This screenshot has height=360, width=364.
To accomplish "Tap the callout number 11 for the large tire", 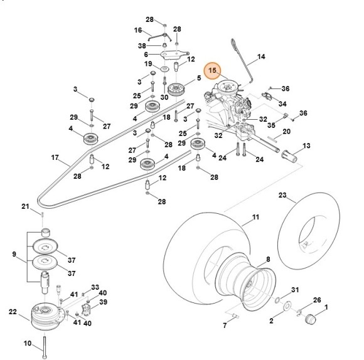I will pos(255,218).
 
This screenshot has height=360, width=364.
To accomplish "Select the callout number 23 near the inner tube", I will pos(282,196).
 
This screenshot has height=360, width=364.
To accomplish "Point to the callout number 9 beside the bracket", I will pos(14,255).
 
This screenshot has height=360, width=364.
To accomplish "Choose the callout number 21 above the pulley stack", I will pos(25,206).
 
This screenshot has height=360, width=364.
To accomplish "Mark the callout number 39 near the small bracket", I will pos(103,302).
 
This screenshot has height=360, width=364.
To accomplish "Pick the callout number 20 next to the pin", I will pos(286,132).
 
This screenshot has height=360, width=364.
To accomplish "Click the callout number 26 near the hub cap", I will pos(316,300).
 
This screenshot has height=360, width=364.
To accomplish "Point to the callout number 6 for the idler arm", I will pos(147,54).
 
